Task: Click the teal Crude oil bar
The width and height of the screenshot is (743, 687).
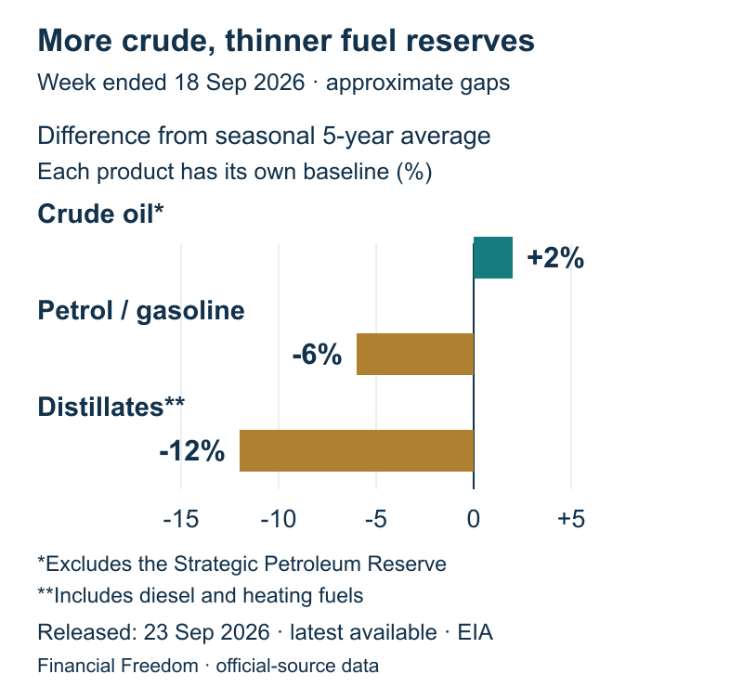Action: click(493, 257)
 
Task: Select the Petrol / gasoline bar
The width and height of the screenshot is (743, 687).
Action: click(415, 354)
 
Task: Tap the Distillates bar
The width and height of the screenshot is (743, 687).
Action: click(357, 450)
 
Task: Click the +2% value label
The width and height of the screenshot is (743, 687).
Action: click(555, 258)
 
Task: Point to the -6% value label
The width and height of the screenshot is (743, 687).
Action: click(317, 355)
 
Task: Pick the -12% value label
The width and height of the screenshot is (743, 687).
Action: click(192, 450)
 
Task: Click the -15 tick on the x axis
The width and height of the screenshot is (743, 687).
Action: click(181, 519)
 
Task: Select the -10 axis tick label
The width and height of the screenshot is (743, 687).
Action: click(279, 519)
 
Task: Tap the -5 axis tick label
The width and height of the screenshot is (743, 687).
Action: click(376, 519)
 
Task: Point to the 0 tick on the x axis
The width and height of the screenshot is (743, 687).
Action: click(474, 519)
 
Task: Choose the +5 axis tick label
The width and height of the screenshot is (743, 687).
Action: click(571, 519)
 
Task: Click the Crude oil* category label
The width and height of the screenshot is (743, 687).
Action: click(100, 214)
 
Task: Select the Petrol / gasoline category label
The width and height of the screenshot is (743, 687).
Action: click(141, 311)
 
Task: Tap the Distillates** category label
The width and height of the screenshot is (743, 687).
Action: click(111, 407)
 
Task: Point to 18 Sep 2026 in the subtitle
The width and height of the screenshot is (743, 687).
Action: click(240, 83)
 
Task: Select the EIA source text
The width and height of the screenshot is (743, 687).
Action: click(476, 632)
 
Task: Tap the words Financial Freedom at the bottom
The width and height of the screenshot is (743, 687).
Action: click(118, 666)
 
